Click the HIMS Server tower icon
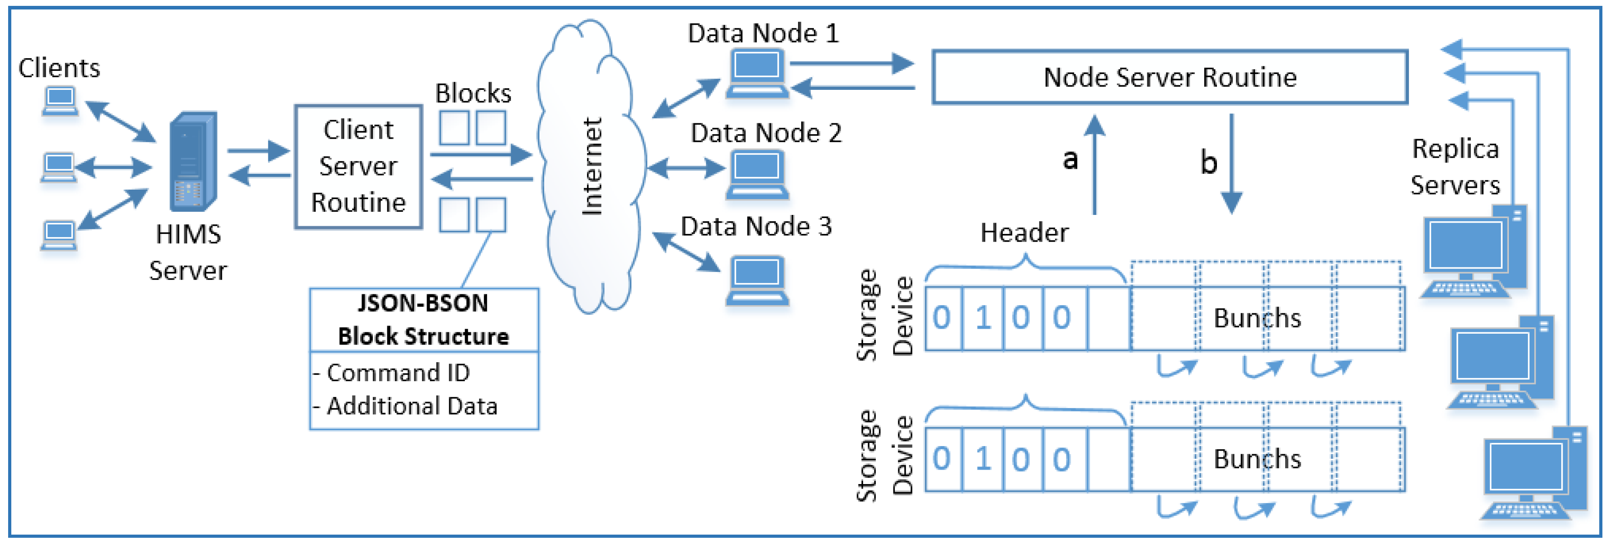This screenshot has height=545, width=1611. pos(193,161)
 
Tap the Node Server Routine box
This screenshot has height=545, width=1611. pos(1170,77)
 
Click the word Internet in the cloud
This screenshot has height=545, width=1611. pos(592,166)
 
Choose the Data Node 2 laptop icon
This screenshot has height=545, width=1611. pos(757,176)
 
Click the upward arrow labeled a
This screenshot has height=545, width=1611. pos(1094,165)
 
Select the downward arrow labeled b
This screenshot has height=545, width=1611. pos(1231,164)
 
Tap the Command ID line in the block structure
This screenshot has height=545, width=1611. pos(391,373)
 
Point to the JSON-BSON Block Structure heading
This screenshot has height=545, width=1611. pos(423,319)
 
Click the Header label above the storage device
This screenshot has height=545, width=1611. pos(1024,233)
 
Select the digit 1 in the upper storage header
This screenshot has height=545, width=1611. pos(983,317)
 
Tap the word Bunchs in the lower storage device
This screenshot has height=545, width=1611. pos(1257,459)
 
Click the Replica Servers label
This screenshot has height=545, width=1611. pos(1455,167)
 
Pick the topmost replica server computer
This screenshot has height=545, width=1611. pos(1475,251)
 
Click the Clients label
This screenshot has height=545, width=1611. pos(59,67)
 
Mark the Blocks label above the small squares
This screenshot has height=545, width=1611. pos(474,93)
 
